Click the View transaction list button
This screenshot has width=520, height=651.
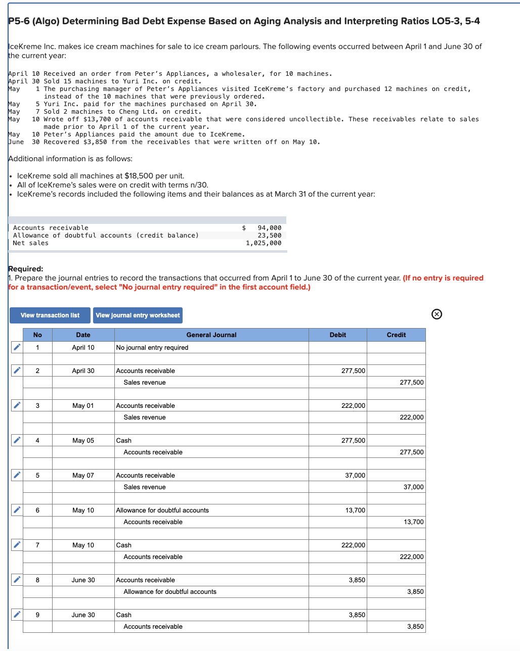pyautogui.click(x=50, y=315)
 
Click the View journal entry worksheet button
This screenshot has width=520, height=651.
pyautogui.click(x=138, y=315)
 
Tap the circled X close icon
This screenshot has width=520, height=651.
pyautogui.click(x=437, y=314)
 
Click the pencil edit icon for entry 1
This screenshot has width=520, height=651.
pyautogui.click(x=17, y=347)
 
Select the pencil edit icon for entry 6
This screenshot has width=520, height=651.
pyautogui.click(x=17, y=510)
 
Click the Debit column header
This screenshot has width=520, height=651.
pyautogui.click(x=337, y=335)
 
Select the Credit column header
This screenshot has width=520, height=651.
pyautogui.click(x=396, y=335)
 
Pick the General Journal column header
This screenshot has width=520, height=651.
pyautogui.click(x=211, y=335)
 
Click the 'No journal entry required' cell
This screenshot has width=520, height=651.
pyautogui.click(x=152, y=347)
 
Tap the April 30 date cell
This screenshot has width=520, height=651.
pyautogui.click(x=83, y=370)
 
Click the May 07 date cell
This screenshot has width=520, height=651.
pyautogui.click(x=83, y=475)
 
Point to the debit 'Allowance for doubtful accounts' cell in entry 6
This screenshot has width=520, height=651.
pyautogui.click(x=162, y=510)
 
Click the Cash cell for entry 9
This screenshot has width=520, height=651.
pyautogui.click(x=124, y=615)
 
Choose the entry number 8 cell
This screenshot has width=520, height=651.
pyautogui.click(x=37, y=580)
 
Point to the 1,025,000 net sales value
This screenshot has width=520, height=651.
pyautogui.click(x=264, y=243)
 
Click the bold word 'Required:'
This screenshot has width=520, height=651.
pyautogui.click(x=26, y=269)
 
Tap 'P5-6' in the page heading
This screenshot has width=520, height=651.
pyautogui.click(x=19, y=21)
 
